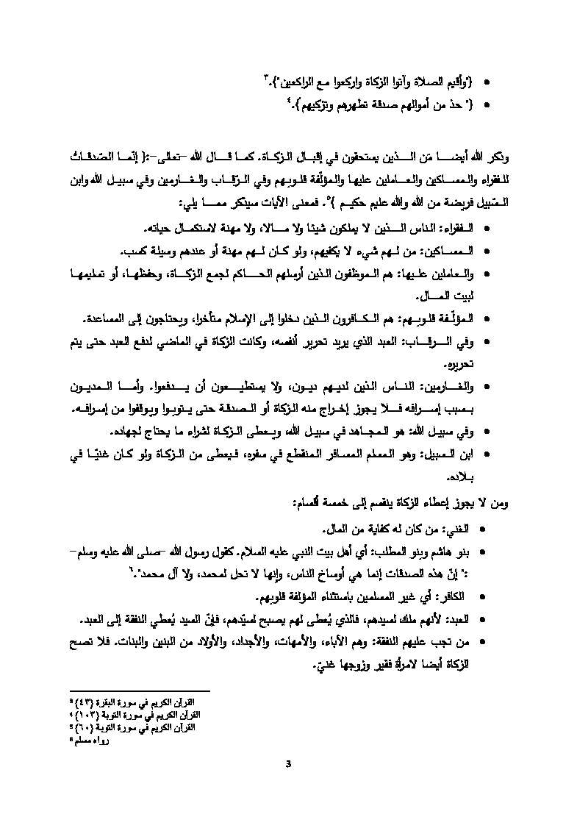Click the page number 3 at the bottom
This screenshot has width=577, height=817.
289,762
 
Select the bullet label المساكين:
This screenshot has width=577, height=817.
455,251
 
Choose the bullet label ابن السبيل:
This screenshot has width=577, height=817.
453,454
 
